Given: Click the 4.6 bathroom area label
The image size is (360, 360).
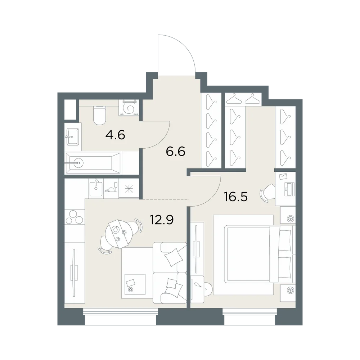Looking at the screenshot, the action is [x=115, y=135].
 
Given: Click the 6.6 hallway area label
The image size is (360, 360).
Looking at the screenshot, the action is [x=176, y=152].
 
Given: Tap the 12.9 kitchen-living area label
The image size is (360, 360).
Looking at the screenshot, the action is [x=162, y=220].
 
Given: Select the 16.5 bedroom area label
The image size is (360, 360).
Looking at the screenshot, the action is [x=235, y=197].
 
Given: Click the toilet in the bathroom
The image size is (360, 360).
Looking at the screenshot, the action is [x=100, y=116].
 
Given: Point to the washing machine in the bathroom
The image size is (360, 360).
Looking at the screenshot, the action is [x=129, y=108].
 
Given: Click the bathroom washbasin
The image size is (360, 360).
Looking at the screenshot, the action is [x=73, y=136].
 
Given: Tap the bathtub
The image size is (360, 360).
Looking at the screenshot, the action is [x=93, y=163].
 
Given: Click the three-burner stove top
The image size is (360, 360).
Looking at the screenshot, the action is [x=75, y=217].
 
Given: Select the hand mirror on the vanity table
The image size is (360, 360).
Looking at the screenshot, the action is [x=198, y=285].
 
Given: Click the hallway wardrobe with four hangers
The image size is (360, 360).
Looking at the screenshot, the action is [x=211, y=130].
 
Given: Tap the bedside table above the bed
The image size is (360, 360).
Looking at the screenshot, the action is [x=288, y=215].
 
